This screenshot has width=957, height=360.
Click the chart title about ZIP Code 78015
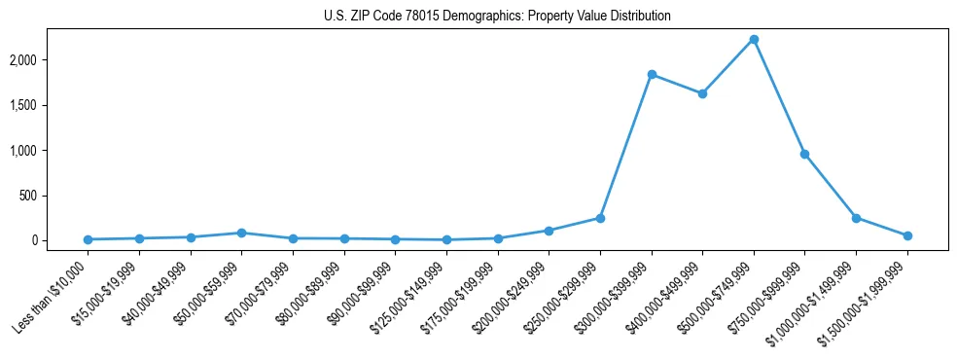coord(497,17)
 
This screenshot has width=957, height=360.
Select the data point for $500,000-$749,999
coord(754,40)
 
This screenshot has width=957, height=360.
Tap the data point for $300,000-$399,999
coord(652,75)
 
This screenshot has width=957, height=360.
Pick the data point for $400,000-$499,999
coord(702,93)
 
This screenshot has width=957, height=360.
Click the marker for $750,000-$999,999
coord(804,154)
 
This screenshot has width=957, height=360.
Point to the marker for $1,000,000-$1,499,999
coord(856,218)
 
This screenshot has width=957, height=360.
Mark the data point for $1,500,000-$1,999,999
coord(907,235)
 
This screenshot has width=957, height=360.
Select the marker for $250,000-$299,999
coord(600,218)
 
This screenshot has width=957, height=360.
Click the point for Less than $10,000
coord(89,239)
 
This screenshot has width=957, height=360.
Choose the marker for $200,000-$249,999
coord(549,231)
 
